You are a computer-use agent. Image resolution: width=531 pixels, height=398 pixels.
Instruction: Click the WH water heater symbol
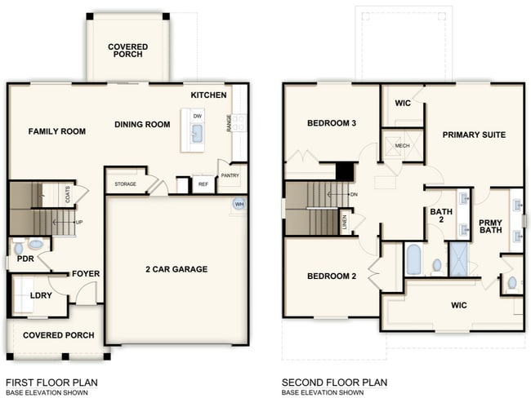pos(239,204)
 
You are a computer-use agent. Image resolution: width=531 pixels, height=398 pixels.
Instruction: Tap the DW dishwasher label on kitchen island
pos(198,116)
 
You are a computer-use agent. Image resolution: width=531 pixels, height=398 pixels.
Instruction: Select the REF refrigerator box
pos(203,185)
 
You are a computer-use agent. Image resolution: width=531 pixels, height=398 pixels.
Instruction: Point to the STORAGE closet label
pos(125,184)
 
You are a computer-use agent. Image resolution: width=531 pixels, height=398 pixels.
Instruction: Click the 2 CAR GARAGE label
pos(176,269)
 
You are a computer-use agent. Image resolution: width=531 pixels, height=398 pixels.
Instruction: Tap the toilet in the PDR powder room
pos(35,244)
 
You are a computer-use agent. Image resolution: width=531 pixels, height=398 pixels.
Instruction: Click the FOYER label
pos(85,273)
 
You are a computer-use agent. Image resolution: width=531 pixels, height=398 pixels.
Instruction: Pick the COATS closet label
pos(66,195)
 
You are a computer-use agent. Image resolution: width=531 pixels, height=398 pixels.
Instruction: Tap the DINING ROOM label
pos(142,125)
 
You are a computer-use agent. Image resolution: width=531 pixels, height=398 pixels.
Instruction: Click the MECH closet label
pos(401,146)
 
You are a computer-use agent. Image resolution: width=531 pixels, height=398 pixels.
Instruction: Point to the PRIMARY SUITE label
pos(474,135)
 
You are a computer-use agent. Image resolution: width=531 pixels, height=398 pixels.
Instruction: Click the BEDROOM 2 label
pos(332,276)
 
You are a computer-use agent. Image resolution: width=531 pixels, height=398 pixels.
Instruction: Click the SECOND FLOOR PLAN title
pos(334,382)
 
